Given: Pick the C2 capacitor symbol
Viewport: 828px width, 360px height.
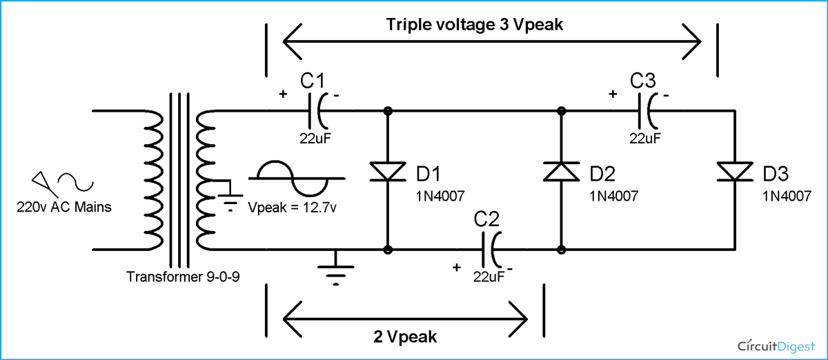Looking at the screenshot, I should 494,249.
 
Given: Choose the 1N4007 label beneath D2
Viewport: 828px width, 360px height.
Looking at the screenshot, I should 614,196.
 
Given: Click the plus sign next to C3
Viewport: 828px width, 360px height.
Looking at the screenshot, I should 612,94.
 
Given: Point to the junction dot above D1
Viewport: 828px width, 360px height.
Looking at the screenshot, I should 388,110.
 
